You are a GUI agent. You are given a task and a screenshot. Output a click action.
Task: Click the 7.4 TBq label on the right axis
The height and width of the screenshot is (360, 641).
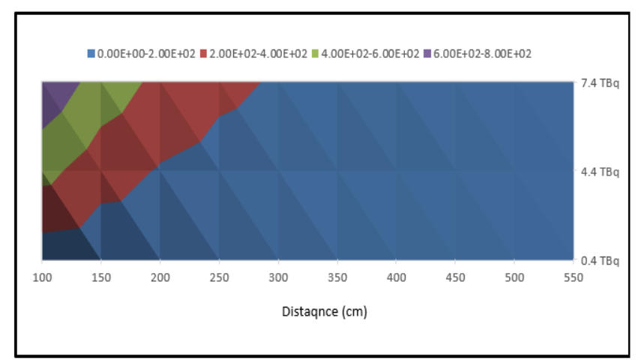click(600, 84)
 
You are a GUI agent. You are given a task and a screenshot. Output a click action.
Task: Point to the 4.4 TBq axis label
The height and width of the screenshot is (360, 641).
click(600, 172)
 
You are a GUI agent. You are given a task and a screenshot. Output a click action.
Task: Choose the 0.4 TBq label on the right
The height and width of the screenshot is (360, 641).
click(600, 261)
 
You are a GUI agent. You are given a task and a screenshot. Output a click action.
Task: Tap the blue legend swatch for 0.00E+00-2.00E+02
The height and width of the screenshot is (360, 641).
click(91, 54)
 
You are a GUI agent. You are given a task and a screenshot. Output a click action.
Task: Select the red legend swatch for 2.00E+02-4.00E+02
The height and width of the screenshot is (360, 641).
click(204, 54)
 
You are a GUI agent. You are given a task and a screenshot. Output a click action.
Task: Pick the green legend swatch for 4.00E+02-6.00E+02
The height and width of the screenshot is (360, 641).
click(315, 54)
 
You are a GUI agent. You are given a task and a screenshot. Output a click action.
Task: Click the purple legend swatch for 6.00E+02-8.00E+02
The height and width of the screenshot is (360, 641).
click(427, 54)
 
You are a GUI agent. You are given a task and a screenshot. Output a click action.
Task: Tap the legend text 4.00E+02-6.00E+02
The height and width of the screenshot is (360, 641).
click(370, 54)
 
